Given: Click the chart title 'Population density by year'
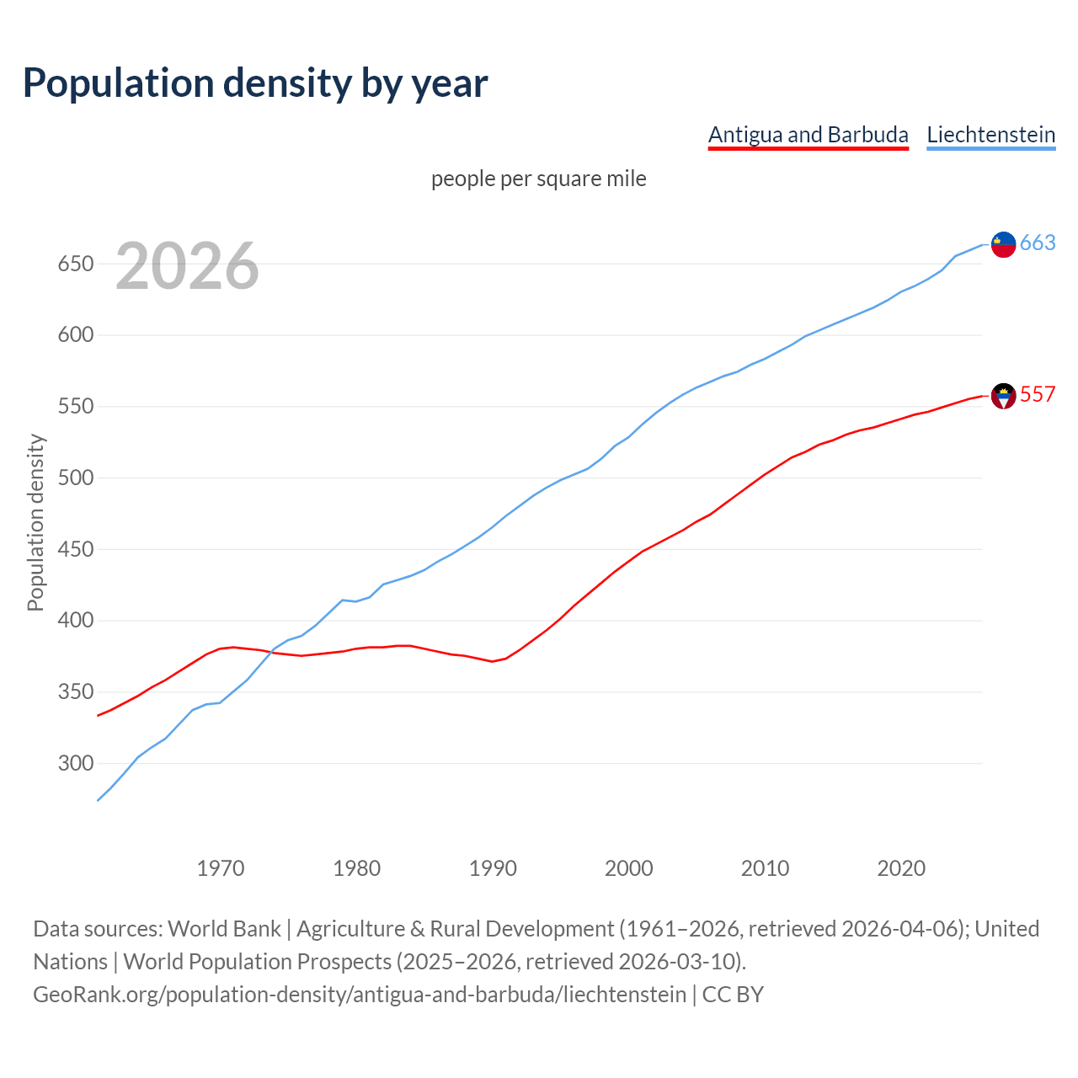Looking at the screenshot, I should (x=255, y=83).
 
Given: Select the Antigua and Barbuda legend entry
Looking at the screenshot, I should (x=808, y=135).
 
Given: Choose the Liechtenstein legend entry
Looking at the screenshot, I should (x=990, y=135).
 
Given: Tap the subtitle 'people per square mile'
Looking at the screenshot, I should (x=538, y=179).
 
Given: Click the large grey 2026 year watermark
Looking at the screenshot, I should (x=187, y=266).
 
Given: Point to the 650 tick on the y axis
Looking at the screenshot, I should (x=75, y=264).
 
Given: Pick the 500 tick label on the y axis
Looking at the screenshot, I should (x=75, y=478).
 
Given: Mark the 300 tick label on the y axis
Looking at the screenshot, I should (x=75, y=764).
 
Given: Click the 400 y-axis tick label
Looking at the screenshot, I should (x=75, y=621).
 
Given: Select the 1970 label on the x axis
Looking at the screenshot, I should (x=221, y=868).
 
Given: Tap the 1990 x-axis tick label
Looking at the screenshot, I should (x=493, y=868).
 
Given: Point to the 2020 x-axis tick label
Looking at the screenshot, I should (x=901, y=868).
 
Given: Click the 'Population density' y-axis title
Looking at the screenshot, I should (x=35, y=522).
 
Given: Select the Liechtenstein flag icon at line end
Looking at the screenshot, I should (x=1003, y=244).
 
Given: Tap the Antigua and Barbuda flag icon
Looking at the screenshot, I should (x=1003, y=396).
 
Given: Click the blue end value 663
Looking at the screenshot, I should (x=1038, y=243).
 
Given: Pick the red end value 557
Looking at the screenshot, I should (x=1038, y=394).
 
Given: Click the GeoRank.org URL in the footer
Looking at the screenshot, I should (x=360, y=995).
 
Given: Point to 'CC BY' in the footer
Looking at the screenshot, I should (x=733, y=995).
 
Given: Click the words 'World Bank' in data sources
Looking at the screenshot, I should (x=224, y=929).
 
